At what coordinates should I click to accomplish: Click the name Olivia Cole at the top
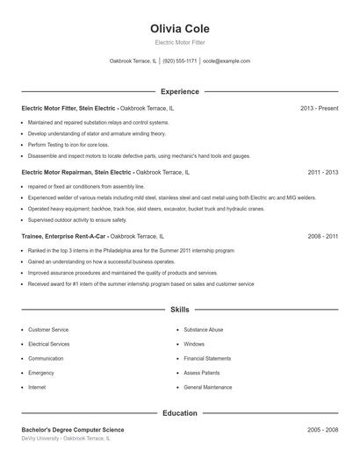click(x=179, y=29)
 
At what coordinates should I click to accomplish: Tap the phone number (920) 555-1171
click(x=179, y=61)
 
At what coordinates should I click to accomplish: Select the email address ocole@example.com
click(x=227, y=61)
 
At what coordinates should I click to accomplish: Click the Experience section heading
click(x=179, y=91)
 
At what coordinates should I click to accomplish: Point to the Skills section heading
click(x=179, y=310)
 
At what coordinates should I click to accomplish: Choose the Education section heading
click(x=179, y=412)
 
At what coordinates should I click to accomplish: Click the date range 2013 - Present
click(x=319, y=108)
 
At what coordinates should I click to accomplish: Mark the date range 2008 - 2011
click(x=322, y=237)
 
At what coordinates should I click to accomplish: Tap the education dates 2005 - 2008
click(x=322, y=430)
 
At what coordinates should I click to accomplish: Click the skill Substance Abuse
click(x=203, y=330)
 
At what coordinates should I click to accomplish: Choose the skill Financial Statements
click(x=207, y=358)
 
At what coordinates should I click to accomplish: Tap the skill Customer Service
click(x=48, y=330)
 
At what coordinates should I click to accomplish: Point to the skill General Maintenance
click(x=208, y=387)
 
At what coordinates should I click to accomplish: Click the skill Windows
click(x=194, y=344)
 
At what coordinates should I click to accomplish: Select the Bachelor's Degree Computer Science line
click(x=73, y=430)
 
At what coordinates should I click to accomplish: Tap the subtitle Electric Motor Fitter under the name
click(x=179, y=42)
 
